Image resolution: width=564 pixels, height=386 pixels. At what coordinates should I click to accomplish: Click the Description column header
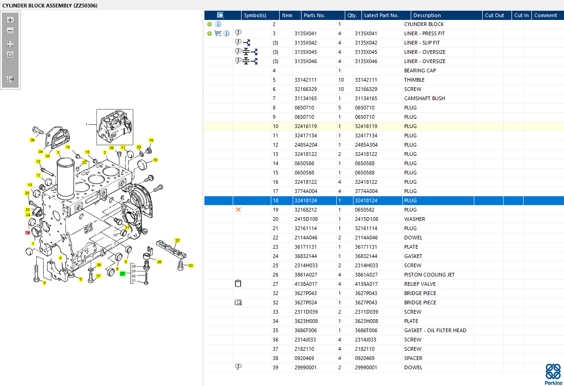(427, 15)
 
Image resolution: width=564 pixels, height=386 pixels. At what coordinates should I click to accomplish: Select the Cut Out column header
(494, 15)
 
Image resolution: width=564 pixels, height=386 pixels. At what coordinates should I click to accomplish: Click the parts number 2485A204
(306, 145)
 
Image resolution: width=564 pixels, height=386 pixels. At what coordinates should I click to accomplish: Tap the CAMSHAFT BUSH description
(425, 98)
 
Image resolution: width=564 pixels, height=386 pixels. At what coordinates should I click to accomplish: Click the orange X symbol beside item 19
(238, 210)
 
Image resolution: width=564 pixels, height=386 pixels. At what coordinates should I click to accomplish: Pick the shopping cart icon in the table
(218, 33)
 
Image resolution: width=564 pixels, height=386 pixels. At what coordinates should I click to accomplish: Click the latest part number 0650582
(365, 210)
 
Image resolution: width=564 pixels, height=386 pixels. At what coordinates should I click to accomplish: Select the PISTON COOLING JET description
(429, 275)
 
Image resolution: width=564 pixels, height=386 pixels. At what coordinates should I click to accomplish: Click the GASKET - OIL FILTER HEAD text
(435, 330)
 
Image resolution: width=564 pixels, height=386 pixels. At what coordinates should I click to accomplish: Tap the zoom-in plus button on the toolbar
(10, 20)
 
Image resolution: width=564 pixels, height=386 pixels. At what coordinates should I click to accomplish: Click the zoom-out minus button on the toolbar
(10, 31)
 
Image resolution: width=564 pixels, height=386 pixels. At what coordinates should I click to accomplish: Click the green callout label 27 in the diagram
(122, 274)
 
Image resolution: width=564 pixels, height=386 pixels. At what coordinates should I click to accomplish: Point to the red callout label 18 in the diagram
(27, 232)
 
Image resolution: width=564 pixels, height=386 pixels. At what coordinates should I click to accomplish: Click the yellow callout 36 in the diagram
(32, 140)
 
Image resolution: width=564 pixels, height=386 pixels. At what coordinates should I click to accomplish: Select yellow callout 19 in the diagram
(151, 140)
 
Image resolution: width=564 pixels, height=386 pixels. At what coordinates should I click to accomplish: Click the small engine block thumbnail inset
(115, 127)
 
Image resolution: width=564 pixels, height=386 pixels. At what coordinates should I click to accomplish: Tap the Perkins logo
(553, 374)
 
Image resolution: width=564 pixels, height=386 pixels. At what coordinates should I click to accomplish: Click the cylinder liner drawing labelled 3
(66, 179)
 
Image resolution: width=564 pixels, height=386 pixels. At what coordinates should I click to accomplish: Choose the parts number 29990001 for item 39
(305, 367)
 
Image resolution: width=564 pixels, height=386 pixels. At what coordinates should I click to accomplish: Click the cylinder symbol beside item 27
(238, 283)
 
